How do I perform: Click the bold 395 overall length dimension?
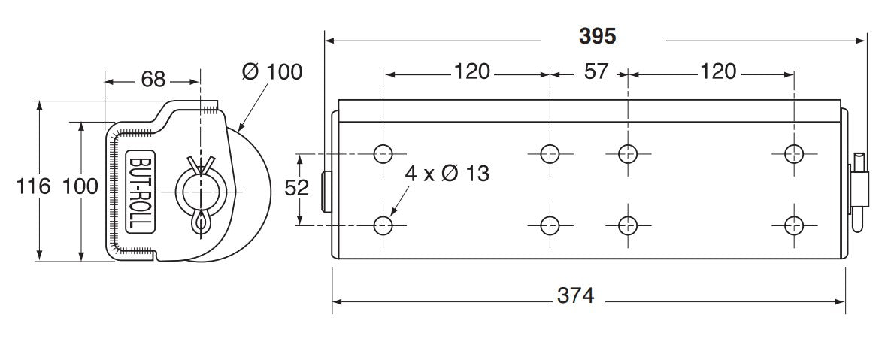click(598, 36)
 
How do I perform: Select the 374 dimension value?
click(575, 295)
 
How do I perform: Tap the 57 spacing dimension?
click(596, 72)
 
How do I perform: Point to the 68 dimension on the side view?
click(153, 80)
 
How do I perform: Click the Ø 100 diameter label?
click(272, 72)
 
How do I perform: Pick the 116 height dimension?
click(33, 186)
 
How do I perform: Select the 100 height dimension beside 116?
click(80, 186)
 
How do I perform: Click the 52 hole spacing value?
click(297, 188)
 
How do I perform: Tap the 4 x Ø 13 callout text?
click(447, 173)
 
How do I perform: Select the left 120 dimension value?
click(471, 72)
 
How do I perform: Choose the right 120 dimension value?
click(718, 72)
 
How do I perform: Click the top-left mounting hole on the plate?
click(383, 153)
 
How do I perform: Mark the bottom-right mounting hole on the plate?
click(794, 226)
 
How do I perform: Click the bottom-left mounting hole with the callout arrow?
click(383, 226)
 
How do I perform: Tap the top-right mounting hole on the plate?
click(794, 153)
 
